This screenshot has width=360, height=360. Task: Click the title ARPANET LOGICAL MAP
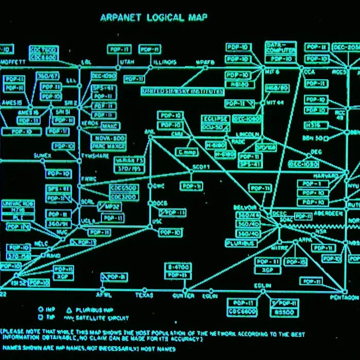click(154, 17)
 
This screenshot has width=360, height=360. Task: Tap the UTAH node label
click(126, 62)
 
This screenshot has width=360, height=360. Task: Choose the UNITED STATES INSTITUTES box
click(183, 92)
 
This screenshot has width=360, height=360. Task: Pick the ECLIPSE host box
click(214, 119)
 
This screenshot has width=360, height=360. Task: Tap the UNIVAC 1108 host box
click(18, 204)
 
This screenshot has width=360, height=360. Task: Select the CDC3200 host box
click(123, 196)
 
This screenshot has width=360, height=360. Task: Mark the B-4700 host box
click(178, 268)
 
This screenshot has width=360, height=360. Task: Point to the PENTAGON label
click(346, 298)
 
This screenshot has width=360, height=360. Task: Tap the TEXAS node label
click(144, 296)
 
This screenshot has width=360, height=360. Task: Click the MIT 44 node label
click(276, 102)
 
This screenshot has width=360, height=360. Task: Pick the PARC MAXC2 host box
click(110, 146)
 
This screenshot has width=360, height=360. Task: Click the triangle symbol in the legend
click(69, 310)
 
